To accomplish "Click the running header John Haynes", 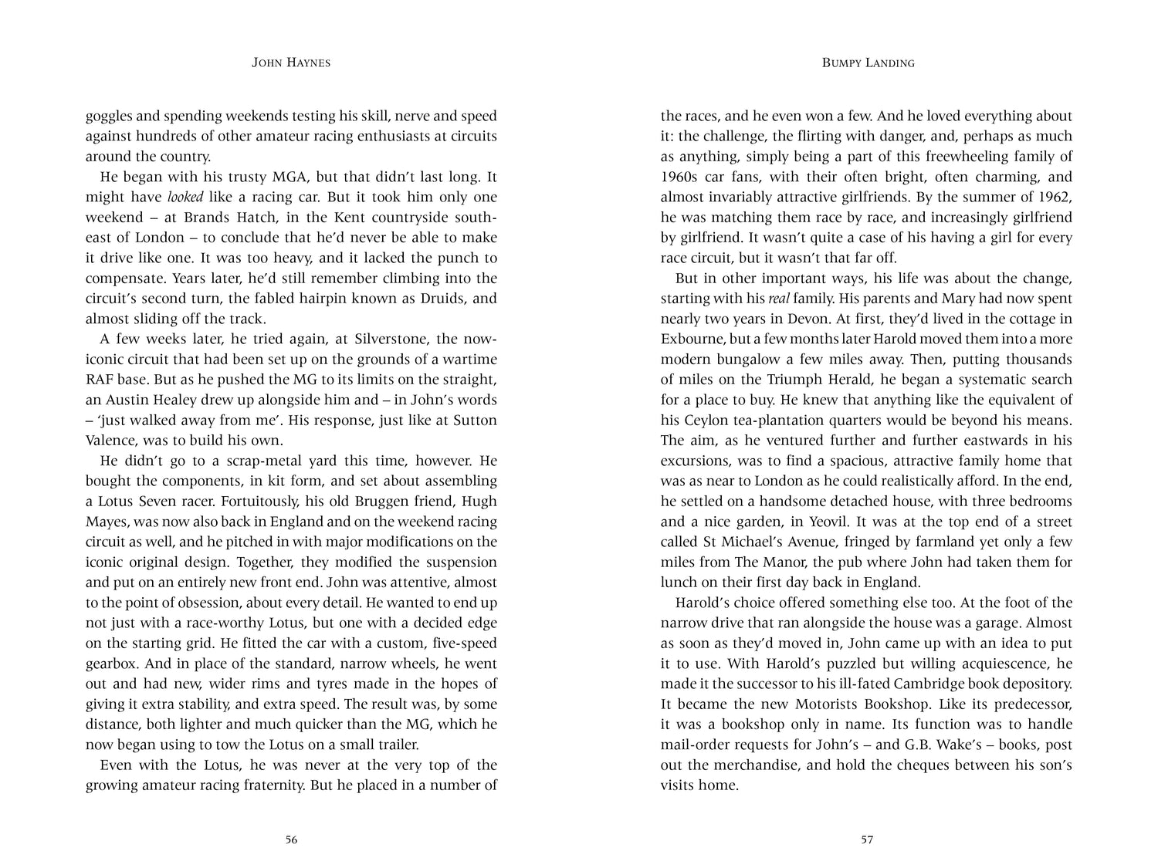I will [x=291, y=63].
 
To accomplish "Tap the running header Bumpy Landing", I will [x=868, y=63].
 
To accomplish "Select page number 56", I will [x=291, y=840].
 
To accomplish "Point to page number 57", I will [x=867, y=840].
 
